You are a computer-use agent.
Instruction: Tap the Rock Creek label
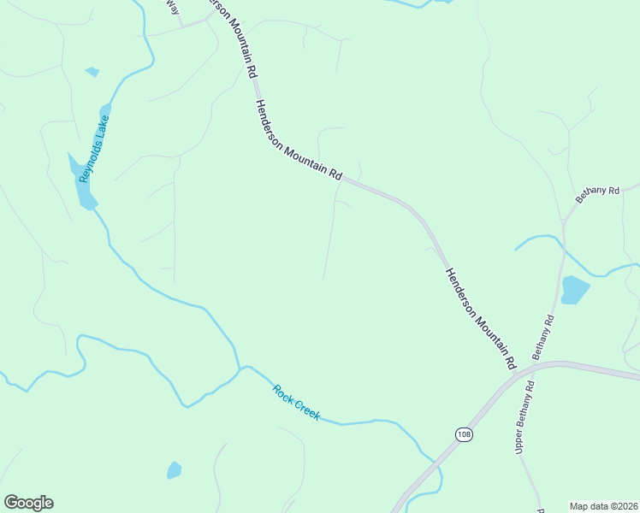click(x=296, y=403)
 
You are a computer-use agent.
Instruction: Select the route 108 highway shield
click(x=463, y=434)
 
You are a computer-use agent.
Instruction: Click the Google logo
click(x=28, y=503)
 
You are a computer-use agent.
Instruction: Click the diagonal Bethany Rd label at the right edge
click(x=596, y=194)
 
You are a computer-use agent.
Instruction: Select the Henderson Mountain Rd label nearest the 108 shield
click(x=480, y=318)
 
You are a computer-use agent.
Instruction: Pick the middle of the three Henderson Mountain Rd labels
click(x=298, y=139)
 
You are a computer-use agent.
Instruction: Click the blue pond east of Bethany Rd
click(x=575, y=290)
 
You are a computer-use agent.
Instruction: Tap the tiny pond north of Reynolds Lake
click(x=92, y=72)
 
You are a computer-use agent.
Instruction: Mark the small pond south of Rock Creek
click(x=175, y=469)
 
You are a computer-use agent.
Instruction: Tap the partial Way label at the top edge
click(x=173, y=7)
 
